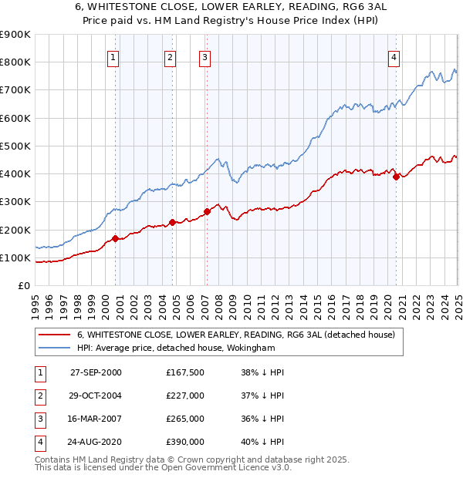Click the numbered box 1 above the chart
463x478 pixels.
113,56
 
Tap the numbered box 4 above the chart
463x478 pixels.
394,56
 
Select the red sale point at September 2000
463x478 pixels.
116,239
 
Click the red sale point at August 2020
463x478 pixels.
396,177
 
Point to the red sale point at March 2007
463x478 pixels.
207,211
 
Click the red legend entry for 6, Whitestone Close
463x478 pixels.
235,335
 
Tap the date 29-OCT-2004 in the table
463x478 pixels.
96,396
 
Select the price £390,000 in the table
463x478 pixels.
185,442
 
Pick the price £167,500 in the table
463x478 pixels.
185,372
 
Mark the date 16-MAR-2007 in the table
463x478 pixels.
96,419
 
